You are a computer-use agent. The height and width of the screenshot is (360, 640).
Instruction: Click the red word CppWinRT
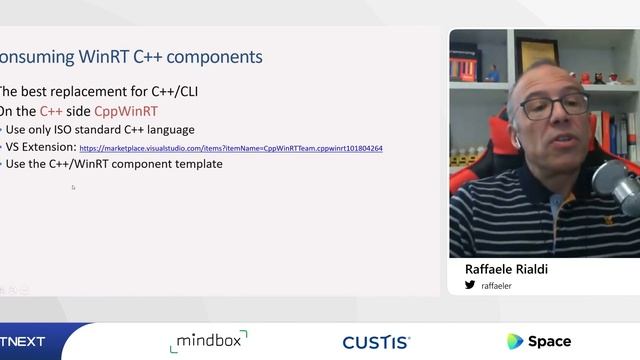point(126,111)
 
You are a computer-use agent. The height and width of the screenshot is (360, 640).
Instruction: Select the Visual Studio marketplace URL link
point(231,148)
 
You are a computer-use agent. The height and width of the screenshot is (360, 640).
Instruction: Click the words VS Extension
point(40,147)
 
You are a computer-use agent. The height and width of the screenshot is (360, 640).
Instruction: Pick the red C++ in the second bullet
point(51,111)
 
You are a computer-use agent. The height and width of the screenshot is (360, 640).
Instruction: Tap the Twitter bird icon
point(470,285)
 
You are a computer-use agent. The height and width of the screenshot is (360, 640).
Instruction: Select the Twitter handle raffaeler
point(497,285)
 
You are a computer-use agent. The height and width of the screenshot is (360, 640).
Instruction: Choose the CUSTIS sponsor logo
point(376,342)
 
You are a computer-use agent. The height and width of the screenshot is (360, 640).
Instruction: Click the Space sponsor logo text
point(550,342)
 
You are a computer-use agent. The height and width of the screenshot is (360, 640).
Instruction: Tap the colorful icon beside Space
point(515,342)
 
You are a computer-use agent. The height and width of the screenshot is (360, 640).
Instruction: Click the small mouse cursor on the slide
point(73,187)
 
